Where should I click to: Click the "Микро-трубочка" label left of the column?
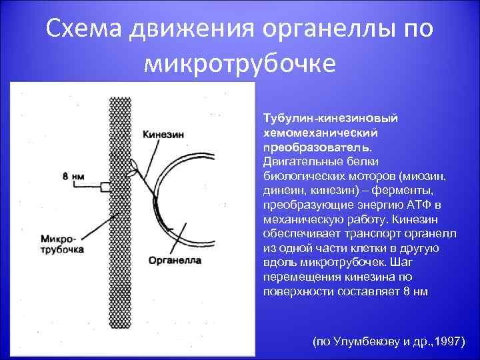point(62,243)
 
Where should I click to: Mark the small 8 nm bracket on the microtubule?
point(105,186)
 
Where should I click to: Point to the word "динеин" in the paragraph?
point(283,189)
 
